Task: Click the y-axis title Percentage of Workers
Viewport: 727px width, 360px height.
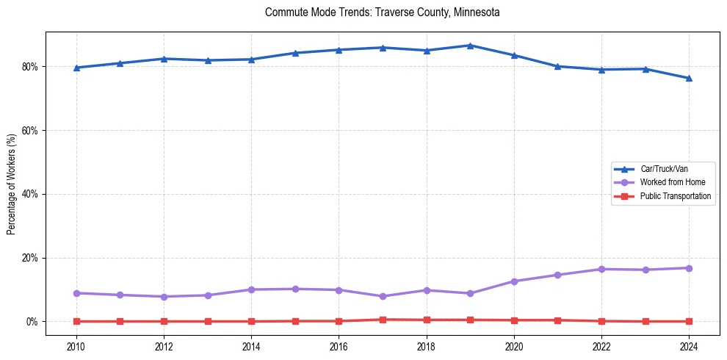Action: click(x=12, y=184)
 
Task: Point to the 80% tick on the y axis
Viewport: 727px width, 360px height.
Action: click(x=31, y=67)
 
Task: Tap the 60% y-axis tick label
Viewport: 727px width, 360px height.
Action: click(x=31, y=131)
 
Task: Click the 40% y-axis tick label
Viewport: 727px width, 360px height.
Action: click(x=31, y=195)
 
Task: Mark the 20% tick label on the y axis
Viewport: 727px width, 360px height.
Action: click(x=31, y=259)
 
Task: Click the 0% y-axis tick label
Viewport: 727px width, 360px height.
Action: click(x=33, y=322)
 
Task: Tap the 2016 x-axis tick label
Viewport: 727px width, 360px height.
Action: click(x=339, y=346)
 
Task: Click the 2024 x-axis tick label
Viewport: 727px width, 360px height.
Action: click(x=689, y=346)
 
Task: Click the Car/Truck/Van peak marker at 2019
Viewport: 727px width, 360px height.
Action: click(x=470, y=46)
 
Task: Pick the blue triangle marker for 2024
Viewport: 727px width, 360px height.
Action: click(x=689, y=78)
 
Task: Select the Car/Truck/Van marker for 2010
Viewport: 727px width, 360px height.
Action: click(x=76, y=68)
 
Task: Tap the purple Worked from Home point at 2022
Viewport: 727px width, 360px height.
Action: click(x=601, y=269)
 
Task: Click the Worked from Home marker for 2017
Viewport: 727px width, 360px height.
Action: click(x=383, y=296)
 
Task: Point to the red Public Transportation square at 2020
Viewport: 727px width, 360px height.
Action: click(x=514, y=320)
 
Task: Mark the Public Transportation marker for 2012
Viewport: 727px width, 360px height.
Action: click(x=164, y=321)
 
